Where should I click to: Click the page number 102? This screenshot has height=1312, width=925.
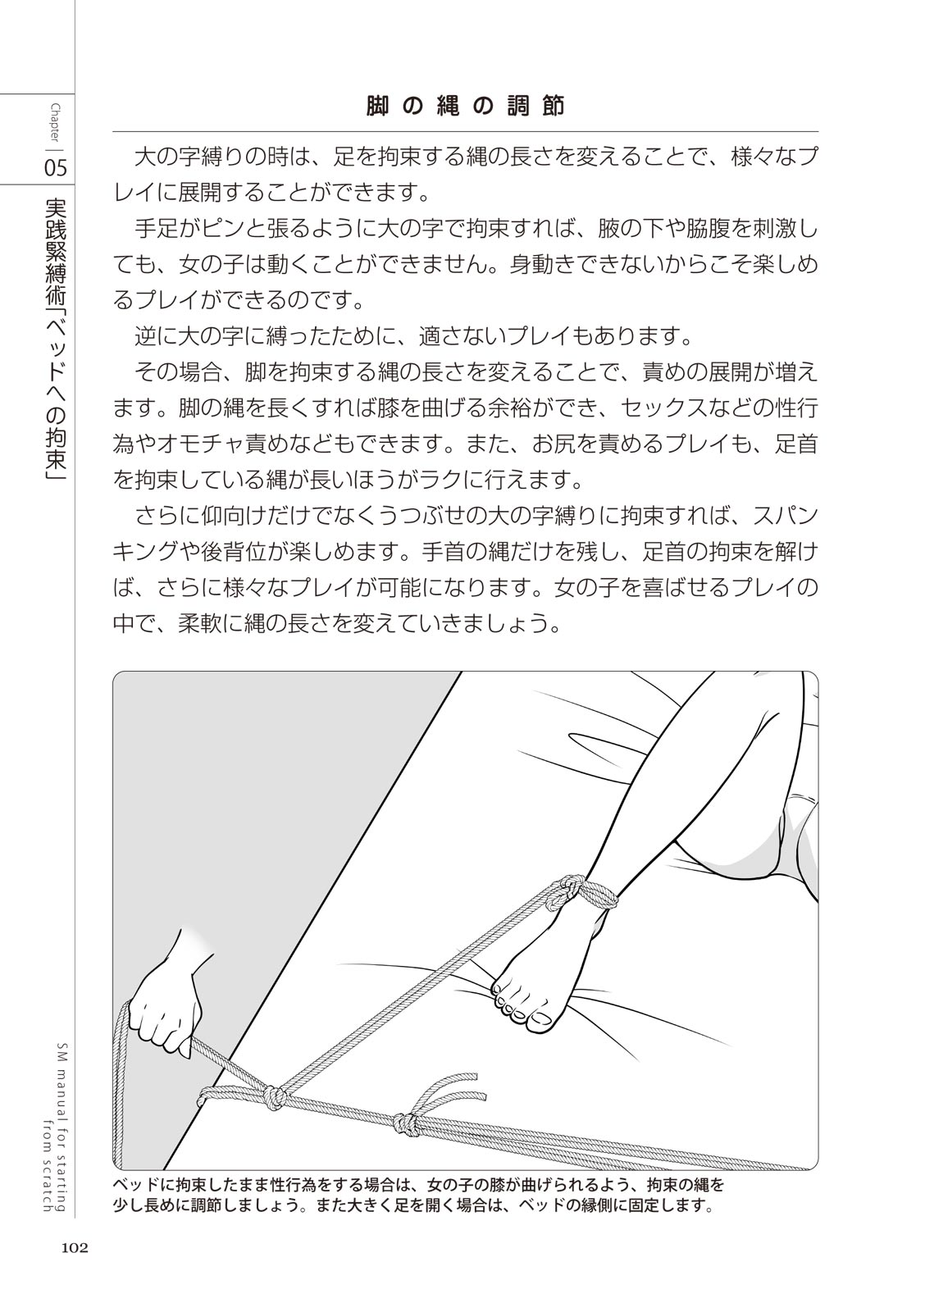[73, 1248]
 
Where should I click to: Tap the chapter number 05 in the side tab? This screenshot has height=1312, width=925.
[56, 168]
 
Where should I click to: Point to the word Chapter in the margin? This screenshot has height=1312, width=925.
[56, 123]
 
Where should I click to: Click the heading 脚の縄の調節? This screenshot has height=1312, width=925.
[465, 107]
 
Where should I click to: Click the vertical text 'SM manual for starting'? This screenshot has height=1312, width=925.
[62, 1132]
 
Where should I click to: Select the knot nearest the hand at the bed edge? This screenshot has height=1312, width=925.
[275, 1096]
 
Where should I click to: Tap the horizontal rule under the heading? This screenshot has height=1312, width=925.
[465, 131]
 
